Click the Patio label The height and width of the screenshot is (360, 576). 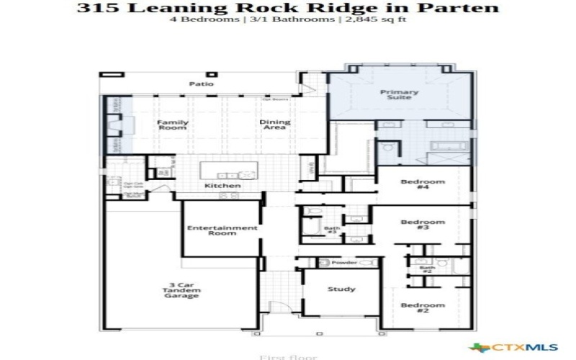(x=202, y=84)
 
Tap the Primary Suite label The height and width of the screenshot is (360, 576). (x=396, y=94)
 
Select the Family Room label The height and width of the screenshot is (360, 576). (x=173, y=125)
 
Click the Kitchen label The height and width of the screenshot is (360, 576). (x=222, y=186)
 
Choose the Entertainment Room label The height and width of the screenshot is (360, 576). (x=222, y=230)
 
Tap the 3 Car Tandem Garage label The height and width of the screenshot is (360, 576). (x=180, y=290)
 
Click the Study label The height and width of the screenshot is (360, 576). (x=341, y=289)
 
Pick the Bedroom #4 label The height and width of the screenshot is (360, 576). (x=423, y=185)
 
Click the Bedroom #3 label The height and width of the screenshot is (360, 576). (x=423, y=225)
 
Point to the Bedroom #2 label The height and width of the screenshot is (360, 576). (x=423, y=310)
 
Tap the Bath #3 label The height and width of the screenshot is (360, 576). (x=332, y=230)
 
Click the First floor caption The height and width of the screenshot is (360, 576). (x=287, y=356)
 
